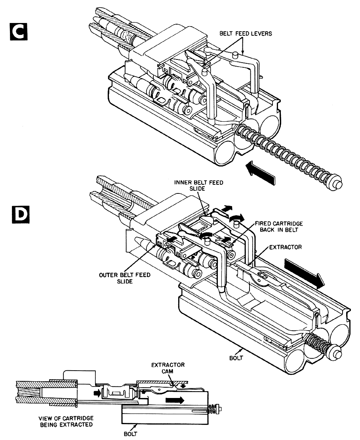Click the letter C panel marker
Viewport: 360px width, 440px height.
[x=18, y=31]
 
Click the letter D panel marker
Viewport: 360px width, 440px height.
[x=21, y=215]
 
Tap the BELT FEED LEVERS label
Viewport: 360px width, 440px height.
[x=246, y=34]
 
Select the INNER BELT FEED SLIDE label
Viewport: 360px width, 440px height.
[x=198, y=186]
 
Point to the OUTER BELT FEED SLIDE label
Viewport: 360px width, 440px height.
[x=125, y=278]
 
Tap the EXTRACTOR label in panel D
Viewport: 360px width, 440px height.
[x=286, y=247]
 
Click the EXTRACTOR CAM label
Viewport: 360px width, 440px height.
[x=168, y=368]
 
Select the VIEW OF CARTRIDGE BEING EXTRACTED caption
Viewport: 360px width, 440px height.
[x=66, y=421]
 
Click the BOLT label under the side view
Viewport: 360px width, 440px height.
[x=130, y=434]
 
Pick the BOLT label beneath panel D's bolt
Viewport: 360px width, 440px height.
[x=236, y=358]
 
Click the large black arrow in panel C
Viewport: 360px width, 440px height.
[x=260, y=173]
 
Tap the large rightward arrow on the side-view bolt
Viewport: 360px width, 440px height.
[x=175, y=400]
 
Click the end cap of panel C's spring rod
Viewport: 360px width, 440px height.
[x=335, y=184]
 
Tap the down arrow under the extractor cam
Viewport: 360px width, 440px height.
[x=183, y=386]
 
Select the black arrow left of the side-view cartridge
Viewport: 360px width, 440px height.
[x=97, y=393]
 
